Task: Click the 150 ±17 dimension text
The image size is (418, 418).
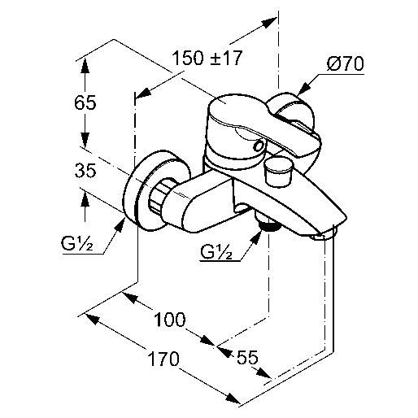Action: click(207, 58)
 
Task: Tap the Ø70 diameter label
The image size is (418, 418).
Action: click(345, 64)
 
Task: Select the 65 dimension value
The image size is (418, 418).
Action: click(85, 102)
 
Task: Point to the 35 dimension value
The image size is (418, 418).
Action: click(85, 171)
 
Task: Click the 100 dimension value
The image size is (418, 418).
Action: click(170, 319)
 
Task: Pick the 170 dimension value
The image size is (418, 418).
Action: click(163, 359)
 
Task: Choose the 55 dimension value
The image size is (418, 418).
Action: click(247, 357)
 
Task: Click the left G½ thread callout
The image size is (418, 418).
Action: click(77, 244)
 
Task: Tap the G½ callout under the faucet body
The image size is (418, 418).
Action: click(216, 252)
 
